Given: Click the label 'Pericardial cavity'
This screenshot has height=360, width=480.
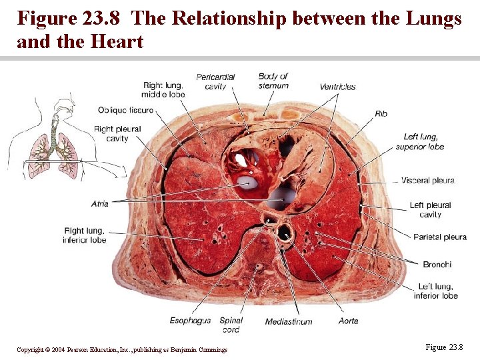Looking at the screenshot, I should (x=215, y=81).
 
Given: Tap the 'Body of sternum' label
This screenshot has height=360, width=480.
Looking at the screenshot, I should (x=273, y=81).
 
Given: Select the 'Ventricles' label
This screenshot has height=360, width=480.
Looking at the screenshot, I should (x=337, y=87).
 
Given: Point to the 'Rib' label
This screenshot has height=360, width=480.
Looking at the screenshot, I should (x=381, y=114).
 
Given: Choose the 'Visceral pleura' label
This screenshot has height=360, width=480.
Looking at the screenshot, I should (x=427, y=180).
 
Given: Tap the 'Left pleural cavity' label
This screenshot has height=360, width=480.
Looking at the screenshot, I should (x=430, y=210).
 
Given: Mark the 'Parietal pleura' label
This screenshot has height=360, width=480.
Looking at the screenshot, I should (x=439, y=237).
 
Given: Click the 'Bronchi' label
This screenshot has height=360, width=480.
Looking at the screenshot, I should (x=437, y=265).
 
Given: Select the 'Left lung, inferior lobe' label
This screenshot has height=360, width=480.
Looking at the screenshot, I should (x=435, y=291).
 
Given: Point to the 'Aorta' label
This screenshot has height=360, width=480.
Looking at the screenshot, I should (x=348, y=321).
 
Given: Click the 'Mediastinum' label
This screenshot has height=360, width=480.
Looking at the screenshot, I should (x=289, y=321).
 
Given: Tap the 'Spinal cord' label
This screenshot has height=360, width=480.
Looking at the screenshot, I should (x=231, y=325).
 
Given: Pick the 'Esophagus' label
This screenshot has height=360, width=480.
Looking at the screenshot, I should (x=190, y=321).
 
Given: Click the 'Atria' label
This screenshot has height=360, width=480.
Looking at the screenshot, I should (x=100, y=203).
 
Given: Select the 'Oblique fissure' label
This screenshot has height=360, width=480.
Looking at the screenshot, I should (x=125, y=110).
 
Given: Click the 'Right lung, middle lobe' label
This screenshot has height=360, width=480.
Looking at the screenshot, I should (x=163, y=90).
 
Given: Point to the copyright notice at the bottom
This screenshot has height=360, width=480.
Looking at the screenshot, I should (x=122, y=349).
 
